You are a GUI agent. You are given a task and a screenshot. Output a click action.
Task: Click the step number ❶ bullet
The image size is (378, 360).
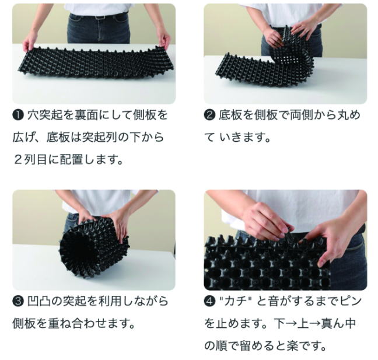(18, 115)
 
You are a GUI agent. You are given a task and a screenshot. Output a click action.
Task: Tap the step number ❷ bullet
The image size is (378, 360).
(209, 115)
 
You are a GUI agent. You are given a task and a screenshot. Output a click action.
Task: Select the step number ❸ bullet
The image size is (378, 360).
(18, 302)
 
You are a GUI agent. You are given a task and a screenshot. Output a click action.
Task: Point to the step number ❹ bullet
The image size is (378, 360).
(209, 302)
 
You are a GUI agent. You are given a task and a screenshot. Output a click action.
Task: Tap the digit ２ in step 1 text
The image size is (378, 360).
(19, 160)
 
